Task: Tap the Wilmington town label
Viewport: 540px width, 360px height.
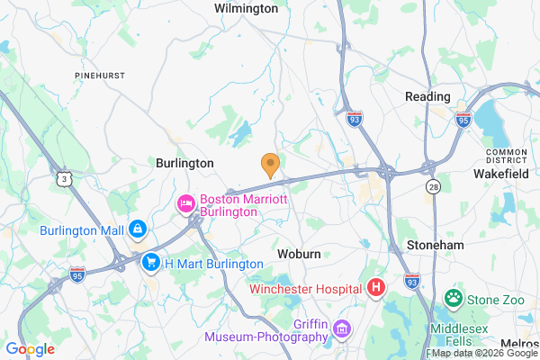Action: pos(246,8)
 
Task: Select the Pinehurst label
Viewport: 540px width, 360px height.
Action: pos(100,76)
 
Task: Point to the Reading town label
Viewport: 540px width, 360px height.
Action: pos(427,96)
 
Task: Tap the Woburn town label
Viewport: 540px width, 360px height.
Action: pos(299,254)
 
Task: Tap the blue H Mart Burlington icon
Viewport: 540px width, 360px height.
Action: pos(151,264)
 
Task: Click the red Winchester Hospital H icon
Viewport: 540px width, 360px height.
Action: pos(376,288)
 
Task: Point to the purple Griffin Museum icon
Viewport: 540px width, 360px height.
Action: pos(341,329)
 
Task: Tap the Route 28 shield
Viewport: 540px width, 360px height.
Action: pos(432,185)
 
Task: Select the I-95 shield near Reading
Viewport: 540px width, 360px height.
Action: pos(462,119)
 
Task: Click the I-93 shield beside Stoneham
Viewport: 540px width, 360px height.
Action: pos(412,282)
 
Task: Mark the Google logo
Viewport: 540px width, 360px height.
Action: pos(30,349)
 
